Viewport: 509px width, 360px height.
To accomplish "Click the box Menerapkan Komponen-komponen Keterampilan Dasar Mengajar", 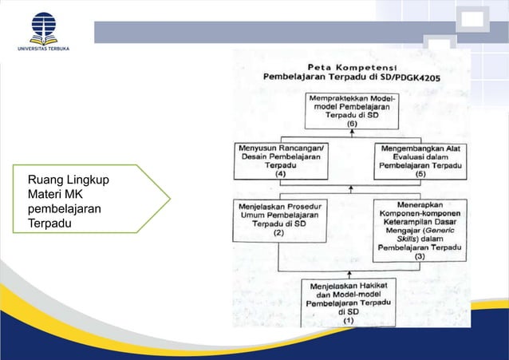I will (420, 229).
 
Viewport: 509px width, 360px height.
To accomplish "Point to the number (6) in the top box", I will (346, 125).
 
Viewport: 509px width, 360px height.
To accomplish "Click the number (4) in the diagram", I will (280, 174).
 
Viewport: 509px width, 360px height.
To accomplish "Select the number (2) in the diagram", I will (279, 234).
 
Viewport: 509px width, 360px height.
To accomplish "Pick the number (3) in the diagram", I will (420, 257).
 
